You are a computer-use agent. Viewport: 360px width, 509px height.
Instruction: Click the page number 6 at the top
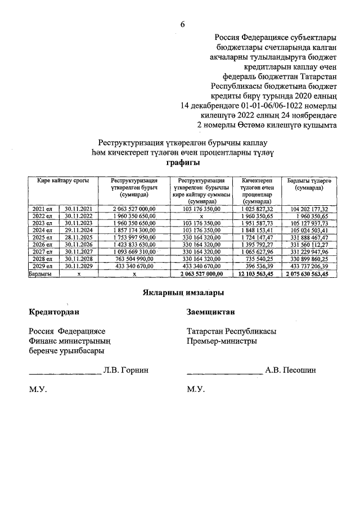[x=182, y=24]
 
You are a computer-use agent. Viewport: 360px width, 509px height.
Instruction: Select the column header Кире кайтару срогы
[x=60, y=181]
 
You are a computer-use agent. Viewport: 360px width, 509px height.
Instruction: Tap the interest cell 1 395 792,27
[x=256, y=245]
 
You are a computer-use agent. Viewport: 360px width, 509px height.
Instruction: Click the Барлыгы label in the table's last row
[x=40, y=273]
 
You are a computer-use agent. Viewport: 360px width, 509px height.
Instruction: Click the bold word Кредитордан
[x=54, y=312]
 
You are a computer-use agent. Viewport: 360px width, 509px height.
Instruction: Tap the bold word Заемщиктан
[x=210, y=312]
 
